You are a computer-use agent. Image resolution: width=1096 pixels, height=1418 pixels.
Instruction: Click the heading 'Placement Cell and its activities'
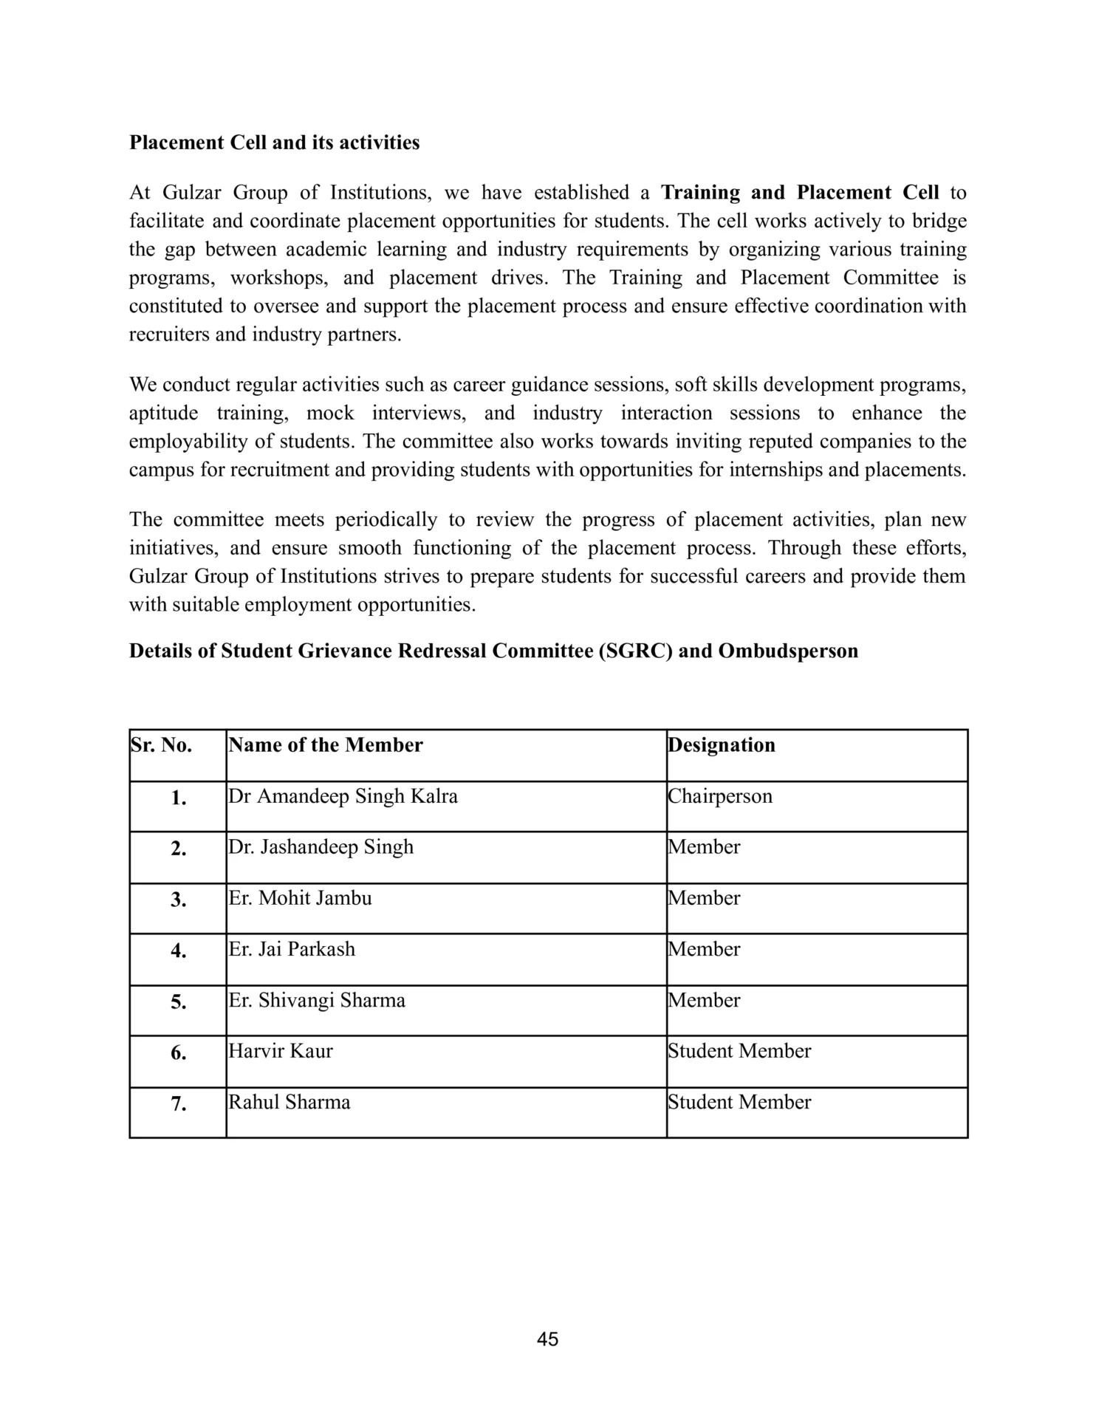click(x=274, y=143)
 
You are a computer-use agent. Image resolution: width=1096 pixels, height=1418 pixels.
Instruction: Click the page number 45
click(x=548, y=1339)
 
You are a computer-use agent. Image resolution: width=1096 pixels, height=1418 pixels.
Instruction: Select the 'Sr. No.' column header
click(x=162, y=745)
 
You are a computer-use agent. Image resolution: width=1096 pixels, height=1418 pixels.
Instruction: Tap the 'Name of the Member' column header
click(x=326, y=745)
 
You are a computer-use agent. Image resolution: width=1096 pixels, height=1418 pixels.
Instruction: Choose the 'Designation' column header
click(x=722, y=745)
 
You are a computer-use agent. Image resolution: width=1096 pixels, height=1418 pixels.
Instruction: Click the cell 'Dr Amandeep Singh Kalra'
click(x=343, y=796)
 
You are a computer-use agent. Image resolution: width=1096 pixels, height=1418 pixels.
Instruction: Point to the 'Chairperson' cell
click(x=720, y=796)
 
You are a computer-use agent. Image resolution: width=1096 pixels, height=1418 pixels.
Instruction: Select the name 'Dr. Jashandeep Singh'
click(x=321, y=847)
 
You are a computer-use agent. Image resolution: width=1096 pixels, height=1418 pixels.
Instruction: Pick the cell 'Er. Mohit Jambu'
click(x=301, y=898)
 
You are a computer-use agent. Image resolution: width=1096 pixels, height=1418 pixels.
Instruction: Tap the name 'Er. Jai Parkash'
click(x=292, y=949)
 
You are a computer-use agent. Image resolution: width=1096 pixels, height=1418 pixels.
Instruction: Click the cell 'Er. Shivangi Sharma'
click(x=317, y=1001)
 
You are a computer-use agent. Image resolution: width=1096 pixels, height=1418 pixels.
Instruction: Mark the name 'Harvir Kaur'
click(x=281, y=1051)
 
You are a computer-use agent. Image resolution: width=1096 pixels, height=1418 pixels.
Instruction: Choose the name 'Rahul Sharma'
click(x=290, y=1103)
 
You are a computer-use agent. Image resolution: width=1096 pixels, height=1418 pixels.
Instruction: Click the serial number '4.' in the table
click(x=178, y=951)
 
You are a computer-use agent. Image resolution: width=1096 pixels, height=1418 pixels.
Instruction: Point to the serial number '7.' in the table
click(x=178, y=1105)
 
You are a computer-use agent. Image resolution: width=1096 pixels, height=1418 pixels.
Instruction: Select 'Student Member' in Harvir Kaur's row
click(x=739, y=1051)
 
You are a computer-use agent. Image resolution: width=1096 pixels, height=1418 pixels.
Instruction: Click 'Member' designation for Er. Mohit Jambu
click(x=704, y=898)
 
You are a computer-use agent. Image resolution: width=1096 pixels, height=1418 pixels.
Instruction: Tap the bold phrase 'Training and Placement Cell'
click(x=800, y=193)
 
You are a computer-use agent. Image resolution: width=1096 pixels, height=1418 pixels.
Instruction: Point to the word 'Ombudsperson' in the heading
click(x=788, y=651)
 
